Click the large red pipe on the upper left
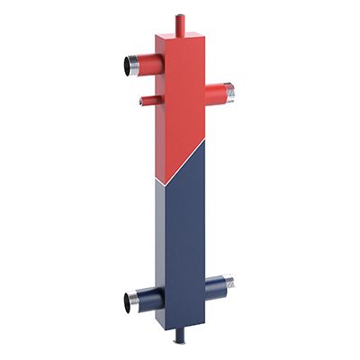click(144, 65)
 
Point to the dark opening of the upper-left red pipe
click(123, 66)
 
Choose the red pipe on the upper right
click(216, 91)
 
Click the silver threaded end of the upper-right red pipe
click(229, 91)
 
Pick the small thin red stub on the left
click(148, 101)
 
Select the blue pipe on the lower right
click(216, 286)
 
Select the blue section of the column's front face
click(184, 243)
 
